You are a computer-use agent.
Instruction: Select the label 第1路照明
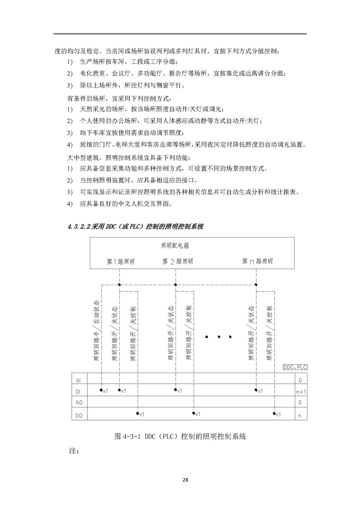tap(121, 261)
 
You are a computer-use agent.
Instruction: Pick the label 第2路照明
tap(177, 261)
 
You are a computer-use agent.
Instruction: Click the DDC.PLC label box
tap(295, 367)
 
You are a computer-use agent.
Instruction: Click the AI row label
tap(78, 380)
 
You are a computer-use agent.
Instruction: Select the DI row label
tap(78, 392)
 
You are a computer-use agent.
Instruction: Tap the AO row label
tap(78, 403)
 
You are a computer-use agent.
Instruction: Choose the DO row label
tap(78, 415)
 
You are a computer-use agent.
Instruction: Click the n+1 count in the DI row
tap(301, 392)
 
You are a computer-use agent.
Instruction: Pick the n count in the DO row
tap(301, 415)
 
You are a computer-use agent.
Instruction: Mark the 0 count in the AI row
tap(301, 380)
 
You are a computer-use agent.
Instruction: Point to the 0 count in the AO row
tap(301, 403)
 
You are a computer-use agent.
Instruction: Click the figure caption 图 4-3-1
tap(179, 436)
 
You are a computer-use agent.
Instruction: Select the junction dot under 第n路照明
tap(256, 284)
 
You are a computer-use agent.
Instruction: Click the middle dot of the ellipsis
tap(219, 337)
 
